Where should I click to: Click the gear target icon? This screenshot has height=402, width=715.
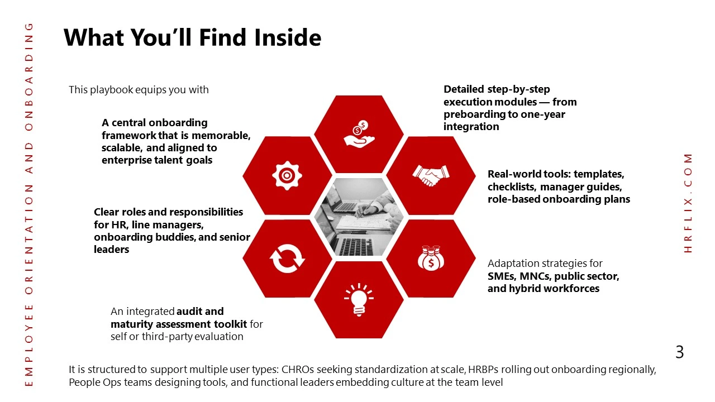click(x=287, y=175)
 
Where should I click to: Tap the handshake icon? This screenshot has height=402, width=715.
click(x=431, y=175)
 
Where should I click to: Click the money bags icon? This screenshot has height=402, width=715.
click(x=431, y=259)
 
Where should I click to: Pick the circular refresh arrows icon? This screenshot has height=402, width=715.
click(x=287, y=259)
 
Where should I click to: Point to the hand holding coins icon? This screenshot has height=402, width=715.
click(x=359, y=134)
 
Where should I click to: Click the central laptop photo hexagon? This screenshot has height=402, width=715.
click(x=359, y=217)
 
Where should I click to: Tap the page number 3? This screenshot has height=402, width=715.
click(x=680, y=352)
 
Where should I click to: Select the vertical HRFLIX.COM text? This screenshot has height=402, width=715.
click(x=688, y=203)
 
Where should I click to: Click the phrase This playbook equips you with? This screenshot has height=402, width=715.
click(x=139, y=90)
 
